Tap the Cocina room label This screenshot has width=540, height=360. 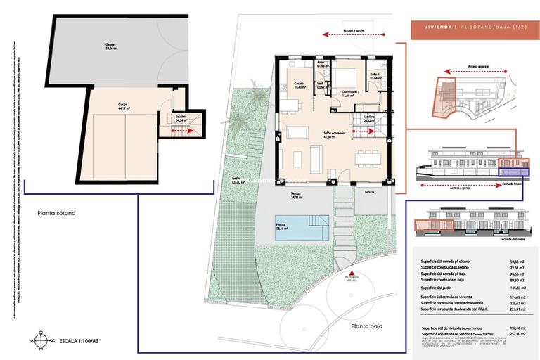299,86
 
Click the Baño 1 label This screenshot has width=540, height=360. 375,77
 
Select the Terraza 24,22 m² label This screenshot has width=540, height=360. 296,195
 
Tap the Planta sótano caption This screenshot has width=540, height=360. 56,213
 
